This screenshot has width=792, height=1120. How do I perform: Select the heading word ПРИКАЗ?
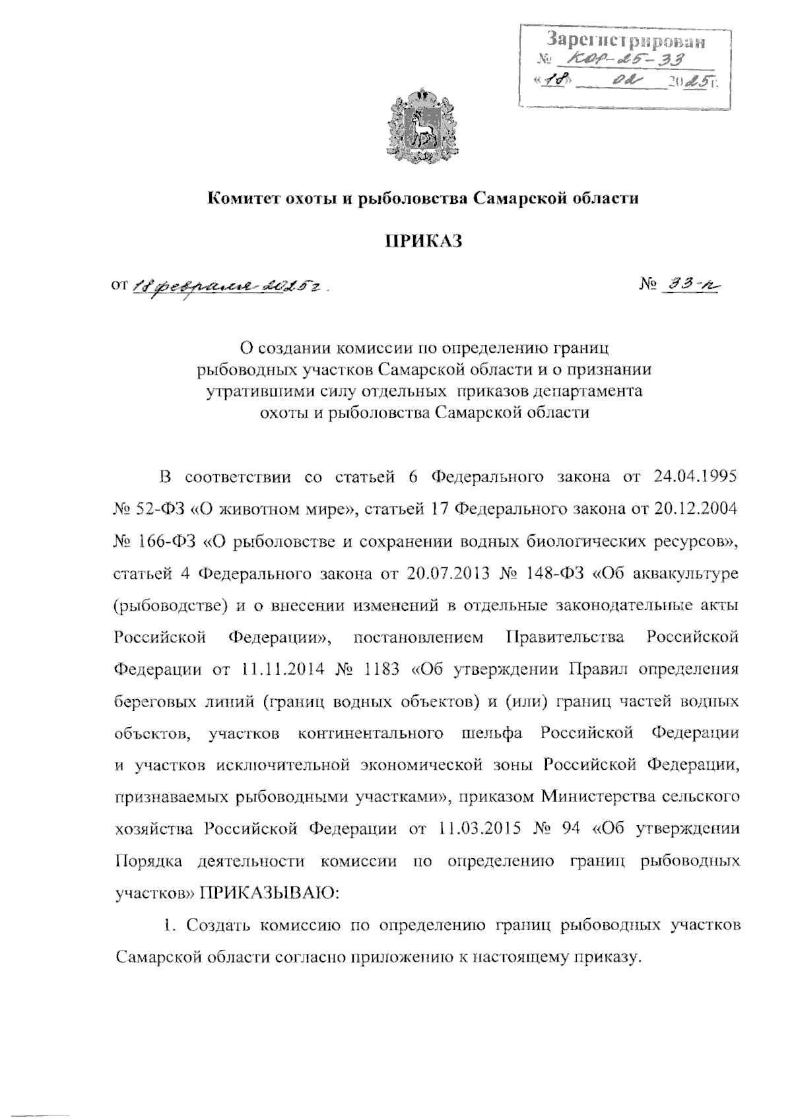click(423, 242)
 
